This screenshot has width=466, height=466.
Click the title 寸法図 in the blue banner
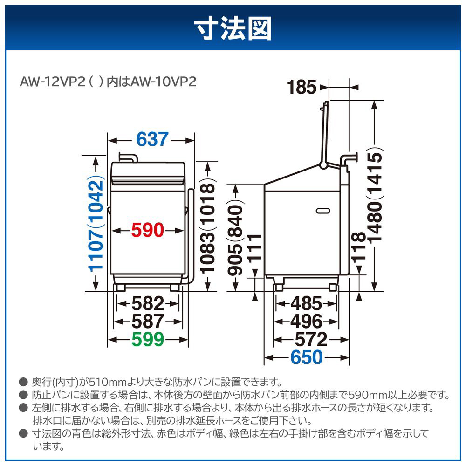click(233, 28)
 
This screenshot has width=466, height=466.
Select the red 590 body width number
click(148, 230)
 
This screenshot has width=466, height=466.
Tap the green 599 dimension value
click(148, 339)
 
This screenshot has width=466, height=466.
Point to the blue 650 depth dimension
click(307, 357)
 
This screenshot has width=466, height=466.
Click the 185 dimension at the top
click(302, 88)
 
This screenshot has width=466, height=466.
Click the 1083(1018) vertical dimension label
click(207, 228)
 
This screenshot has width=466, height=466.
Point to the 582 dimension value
click(148, 303)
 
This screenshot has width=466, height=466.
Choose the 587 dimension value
click(148, 321)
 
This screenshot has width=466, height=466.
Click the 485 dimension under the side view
click(307, 303)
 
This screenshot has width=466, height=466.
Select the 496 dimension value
click(307, 321)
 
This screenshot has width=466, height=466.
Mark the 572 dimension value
click(311, 339)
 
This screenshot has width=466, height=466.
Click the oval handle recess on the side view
click(323, 211)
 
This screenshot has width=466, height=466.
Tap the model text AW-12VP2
click(53, 82)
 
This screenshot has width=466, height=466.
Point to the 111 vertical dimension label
click(254, 248)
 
